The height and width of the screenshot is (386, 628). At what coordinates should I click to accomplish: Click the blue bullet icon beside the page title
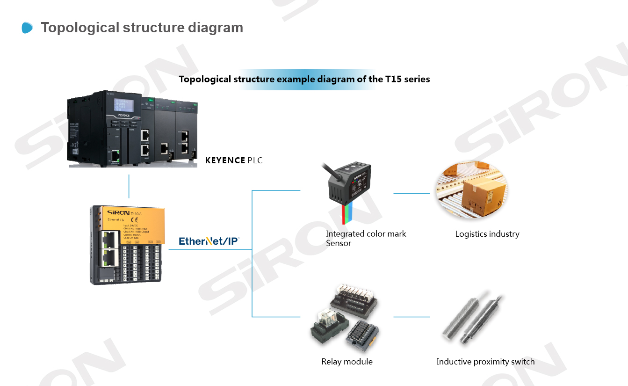point(28,28)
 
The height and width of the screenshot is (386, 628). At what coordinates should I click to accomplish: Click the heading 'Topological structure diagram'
point(142,28)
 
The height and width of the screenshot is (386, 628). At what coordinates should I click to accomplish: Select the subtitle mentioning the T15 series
point(304,79)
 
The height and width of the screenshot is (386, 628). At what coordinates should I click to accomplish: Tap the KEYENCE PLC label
point(234,160)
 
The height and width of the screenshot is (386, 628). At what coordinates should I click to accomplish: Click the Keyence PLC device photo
point(132,129)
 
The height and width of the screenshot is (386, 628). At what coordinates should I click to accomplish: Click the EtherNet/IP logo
point(209,241)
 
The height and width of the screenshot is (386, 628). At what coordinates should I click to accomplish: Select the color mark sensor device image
point(348,185)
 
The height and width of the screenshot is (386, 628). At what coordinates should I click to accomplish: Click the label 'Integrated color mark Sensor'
point(366,238)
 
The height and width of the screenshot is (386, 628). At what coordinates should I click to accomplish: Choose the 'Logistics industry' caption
point(487,234)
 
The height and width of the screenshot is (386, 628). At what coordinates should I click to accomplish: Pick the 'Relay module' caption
point(347,362)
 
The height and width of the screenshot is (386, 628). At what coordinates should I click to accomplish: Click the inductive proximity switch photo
point(472,318)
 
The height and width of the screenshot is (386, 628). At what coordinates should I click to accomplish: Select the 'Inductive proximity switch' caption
point(485,362)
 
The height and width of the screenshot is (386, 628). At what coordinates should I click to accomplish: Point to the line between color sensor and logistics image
point(411,193)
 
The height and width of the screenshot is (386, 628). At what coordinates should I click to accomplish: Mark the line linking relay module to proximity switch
point(411,317)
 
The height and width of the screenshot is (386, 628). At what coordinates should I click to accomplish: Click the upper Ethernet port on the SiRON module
point(109,239)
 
